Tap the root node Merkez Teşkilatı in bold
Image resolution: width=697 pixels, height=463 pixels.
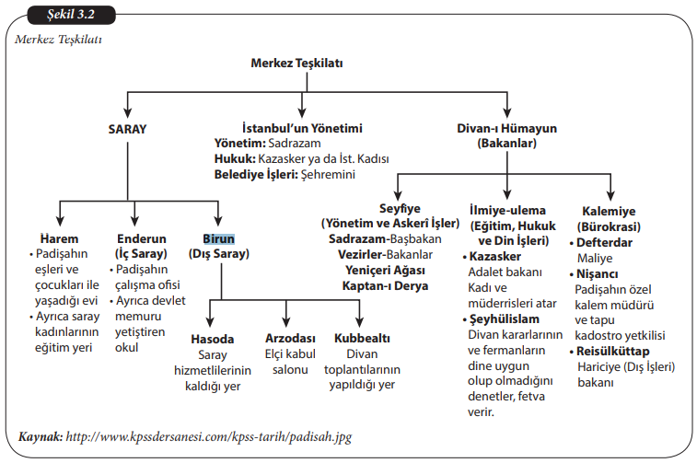pos(296,63)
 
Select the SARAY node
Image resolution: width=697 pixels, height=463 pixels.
pos(127,130)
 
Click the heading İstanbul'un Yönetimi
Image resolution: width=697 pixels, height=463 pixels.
pos(302,128)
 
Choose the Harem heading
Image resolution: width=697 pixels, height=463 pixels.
pos(46,237)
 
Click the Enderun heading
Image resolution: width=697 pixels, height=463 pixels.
pos(141,237)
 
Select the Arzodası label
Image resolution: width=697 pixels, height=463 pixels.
pos(290,339)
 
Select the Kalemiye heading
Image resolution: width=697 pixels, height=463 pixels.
pos(609,210)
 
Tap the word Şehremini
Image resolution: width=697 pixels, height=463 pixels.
pos(329,174)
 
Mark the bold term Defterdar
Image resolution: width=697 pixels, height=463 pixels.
pos(606,242)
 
